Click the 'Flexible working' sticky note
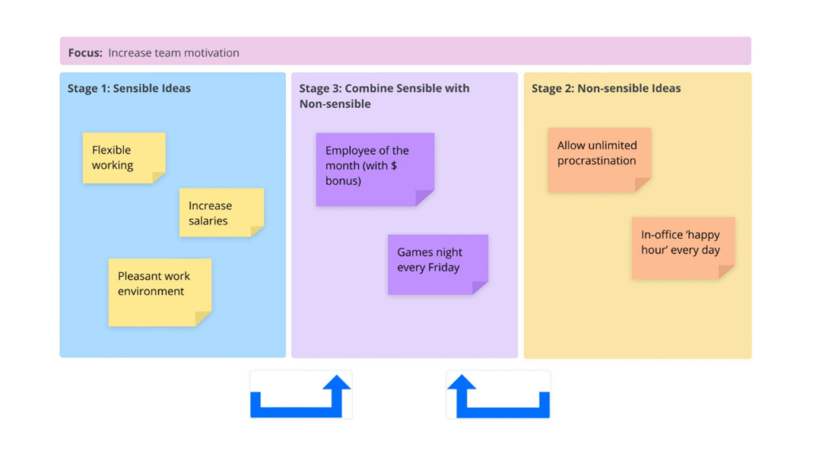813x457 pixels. [x=124, y=158]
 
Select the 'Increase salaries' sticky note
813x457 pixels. [x=222, y=213]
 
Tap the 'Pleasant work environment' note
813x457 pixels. [x=160, y=292]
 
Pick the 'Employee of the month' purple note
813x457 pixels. [x=375, y=170]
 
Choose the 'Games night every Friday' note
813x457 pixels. [x=437, y=264]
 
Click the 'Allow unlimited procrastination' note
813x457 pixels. [x=599, y=160]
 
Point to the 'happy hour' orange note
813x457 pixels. [x=683, y=248]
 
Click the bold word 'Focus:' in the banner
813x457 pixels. [x=85, y=53]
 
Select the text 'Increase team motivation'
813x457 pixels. [x=174, y=53]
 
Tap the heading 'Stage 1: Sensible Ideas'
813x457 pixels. [x=129, y=88]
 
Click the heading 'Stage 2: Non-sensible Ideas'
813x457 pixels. [x=606, y=88]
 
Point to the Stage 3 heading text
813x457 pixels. [x=384, y=96]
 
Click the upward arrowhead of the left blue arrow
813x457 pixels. [x=337, y=382]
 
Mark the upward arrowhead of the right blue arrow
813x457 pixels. [x=461, y=382]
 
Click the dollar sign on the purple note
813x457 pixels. [x=394, y=165]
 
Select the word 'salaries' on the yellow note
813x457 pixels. [x=208, y=221]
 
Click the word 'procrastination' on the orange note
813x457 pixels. [x=596, y=160]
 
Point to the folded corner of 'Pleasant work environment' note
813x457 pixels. [x=202, y=319]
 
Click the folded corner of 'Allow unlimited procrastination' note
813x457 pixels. [x=643, y=185]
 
